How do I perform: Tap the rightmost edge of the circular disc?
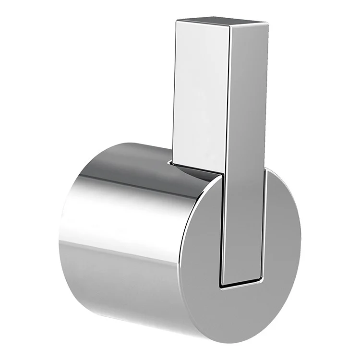coord(301,240)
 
